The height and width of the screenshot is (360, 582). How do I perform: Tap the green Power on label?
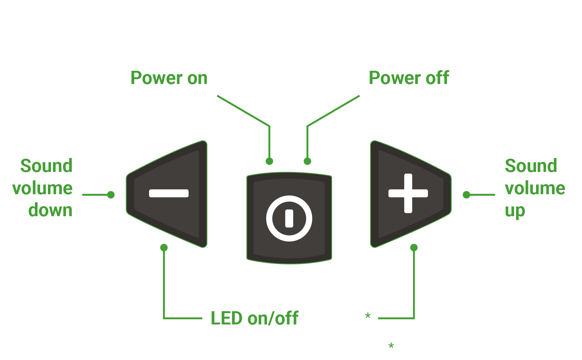click(169, 78)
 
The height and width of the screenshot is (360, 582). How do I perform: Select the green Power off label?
click(409, 78)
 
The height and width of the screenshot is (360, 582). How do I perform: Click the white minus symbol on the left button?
click(169, 193)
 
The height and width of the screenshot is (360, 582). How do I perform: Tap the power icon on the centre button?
click(289, 218)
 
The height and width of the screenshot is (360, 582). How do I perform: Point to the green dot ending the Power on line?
click(269, 161)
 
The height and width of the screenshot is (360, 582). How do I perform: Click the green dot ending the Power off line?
click(307, 161)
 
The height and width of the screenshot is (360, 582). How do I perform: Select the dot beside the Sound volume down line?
click(111, 195)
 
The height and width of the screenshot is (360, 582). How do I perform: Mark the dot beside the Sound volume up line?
click(466, 195)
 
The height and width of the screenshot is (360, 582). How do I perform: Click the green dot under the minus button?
click(164, 248)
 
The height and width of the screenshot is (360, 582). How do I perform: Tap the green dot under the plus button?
click(414, 248)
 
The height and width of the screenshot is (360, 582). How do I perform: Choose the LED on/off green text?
click(254, 318)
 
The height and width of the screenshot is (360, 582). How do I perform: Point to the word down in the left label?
click(50, 210)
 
